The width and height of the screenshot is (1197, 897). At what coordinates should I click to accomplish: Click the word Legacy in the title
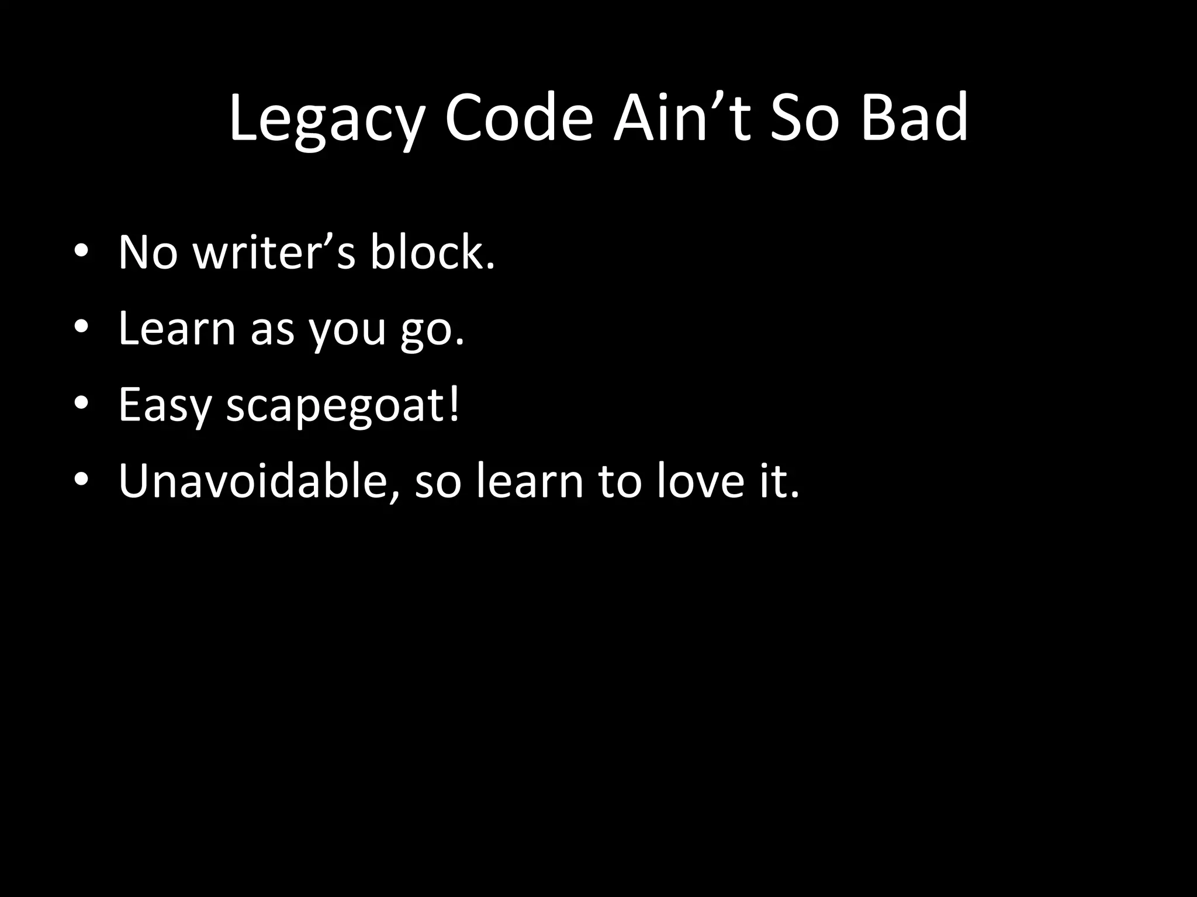pos(325,120)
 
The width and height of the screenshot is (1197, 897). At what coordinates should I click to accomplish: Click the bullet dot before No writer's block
pos(81,252)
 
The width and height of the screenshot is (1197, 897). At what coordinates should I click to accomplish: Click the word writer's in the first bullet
pos(274,253)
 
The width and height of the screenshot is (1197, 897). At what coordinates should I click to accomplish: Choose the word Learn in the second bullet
pos(177,329)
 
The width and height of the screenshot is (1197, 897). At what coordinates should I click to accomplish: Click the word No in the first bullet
pos(147,253)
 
